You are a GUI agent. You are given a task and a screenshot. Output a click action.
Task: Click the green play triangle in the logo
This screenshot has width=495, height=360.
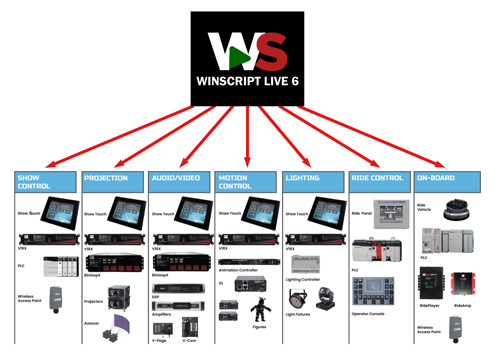[238, 57]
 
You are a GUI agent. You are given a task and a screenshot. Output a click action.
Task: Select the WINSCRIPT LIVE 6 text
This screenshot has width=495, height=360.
[247, 81]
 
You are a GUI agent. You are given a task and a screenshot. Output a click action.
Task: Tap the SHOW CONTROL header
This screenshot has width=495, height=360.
[45, 182]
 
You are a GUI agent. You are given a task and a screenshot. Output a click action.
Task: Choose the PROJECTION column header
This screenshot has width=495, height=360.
[113, 182]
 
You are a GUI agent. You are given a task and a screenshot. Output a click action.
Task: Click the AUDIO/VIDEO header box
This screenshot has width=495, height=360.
[179, 182]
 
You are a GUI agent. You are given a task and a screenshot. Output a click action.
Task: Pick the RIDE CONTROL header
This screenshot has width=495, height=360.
[379, 182]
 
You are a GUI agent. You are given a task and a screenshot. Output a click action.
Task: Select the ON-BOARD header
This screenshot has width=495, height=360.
[447, 182]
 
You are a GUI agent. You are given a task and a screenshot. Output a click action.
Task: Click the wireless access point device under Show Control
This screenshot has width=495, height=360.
[56, 299]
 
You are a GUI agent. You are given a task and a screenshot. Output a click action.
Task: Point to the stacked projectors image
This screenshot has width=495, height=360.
[118, 298]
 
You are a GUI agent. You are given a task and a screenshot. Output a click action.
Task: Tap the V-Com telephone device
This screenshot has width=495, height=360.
[190, 327]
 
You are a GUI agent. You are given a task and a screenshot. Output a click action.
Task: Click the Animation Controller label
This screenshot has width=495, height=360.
[238, 270]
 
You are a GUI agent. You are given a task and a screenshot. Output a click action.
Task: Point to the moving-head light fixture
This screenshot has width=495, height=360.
[326, 298]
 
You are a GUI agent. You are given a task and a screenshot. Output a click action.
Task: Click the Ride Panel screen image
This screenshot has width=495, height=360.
[391, 214]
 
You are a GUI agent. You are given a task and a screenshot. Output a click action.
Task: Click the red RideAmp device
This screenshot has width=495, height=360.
[463, 284]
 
